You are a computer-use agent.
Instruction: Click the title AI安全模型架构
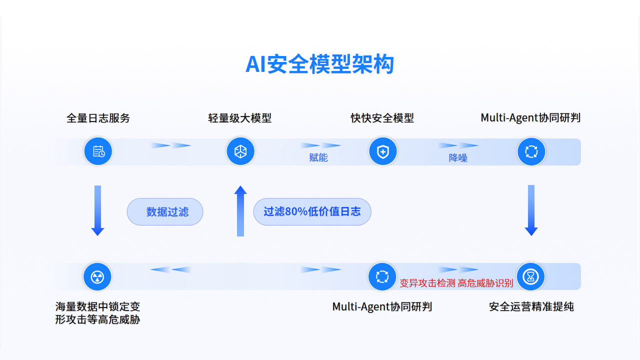319,64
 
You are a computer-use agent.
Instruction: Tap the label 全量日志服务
98,118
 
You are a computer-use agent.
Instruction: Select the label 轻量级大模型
240,118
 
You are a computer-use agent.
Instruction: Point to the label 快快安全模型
382,118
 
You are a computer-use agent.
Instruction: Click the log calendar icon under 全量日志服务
98,151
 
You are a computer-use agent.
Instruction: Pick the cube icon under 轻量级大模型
240,151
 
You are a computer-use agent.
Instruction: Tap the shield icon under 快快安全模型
382,151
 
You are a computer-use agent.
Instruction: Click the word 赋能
318,158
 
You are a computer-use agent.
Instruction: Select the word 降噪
458,158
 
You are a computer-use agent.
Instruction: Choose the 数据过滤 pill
165,211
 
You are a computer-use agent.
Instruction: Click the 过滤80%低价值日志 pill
312,211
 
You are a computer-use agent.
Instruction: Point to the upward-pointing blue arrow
240,210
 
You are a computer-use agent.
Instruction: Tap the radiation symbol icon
97,276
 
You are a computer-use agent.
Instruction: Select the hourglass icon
530,276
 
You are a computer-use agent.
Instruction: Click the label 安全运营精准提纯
531,306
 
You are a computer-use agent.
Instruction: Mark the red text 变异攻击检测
427,283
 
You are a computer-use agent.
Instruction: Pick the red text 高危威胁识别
485,283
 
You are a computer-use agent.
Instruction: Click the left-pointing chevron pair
170,269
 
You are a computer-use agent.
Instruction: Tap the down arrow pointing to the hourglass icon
531,210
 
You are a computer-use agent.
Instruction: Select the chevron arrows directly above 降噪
458,145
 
